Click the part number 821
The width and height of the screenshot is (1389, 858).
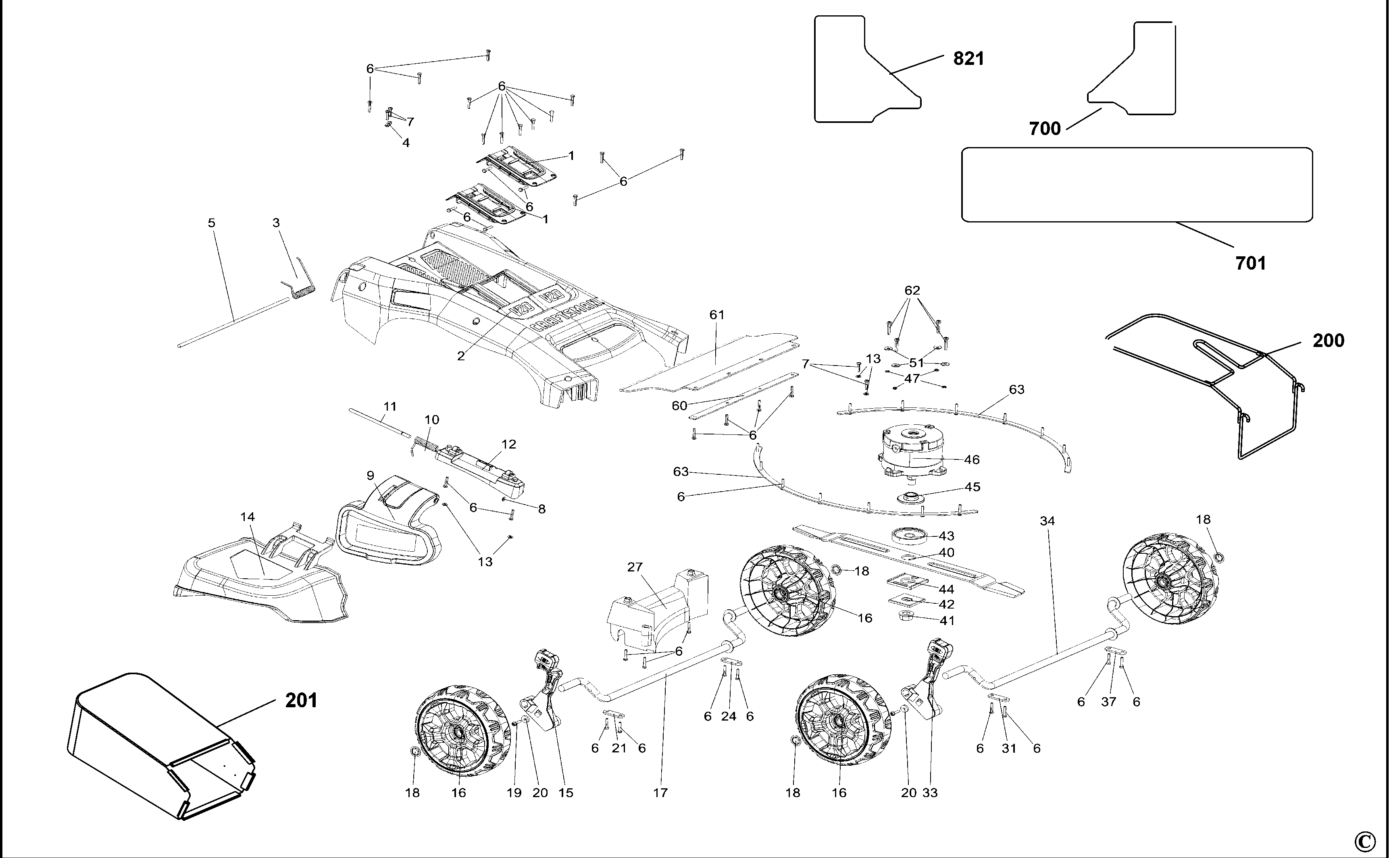[x=968, y=58]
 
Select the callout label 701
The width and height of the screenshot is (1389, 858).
[x=1250, y=263]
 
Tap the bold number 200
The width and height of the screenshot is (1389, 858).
[x=1328, y=341]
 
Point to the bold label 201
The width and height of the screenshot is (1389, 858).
[x=301, y=701]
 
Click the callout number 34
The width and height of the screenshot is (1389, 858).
[x=1047, y=520]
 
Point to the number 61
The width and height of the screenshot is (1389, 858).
[x=717, y=314]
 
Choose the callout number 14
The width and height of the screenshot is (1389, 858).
[x=248, y=516]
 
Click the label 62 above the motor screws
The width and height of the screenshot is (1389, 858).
[x=912, y=291]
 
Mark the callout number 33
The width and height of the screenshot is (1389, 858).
[x=930, y=792]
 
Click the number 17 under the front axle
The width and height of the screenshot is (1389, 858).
[x=660, y=792]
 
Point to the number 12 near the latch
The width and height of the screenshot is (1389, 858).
[x=508, y=445]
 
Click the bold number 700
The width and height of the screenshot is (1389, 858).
[x=1044, y=129]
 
